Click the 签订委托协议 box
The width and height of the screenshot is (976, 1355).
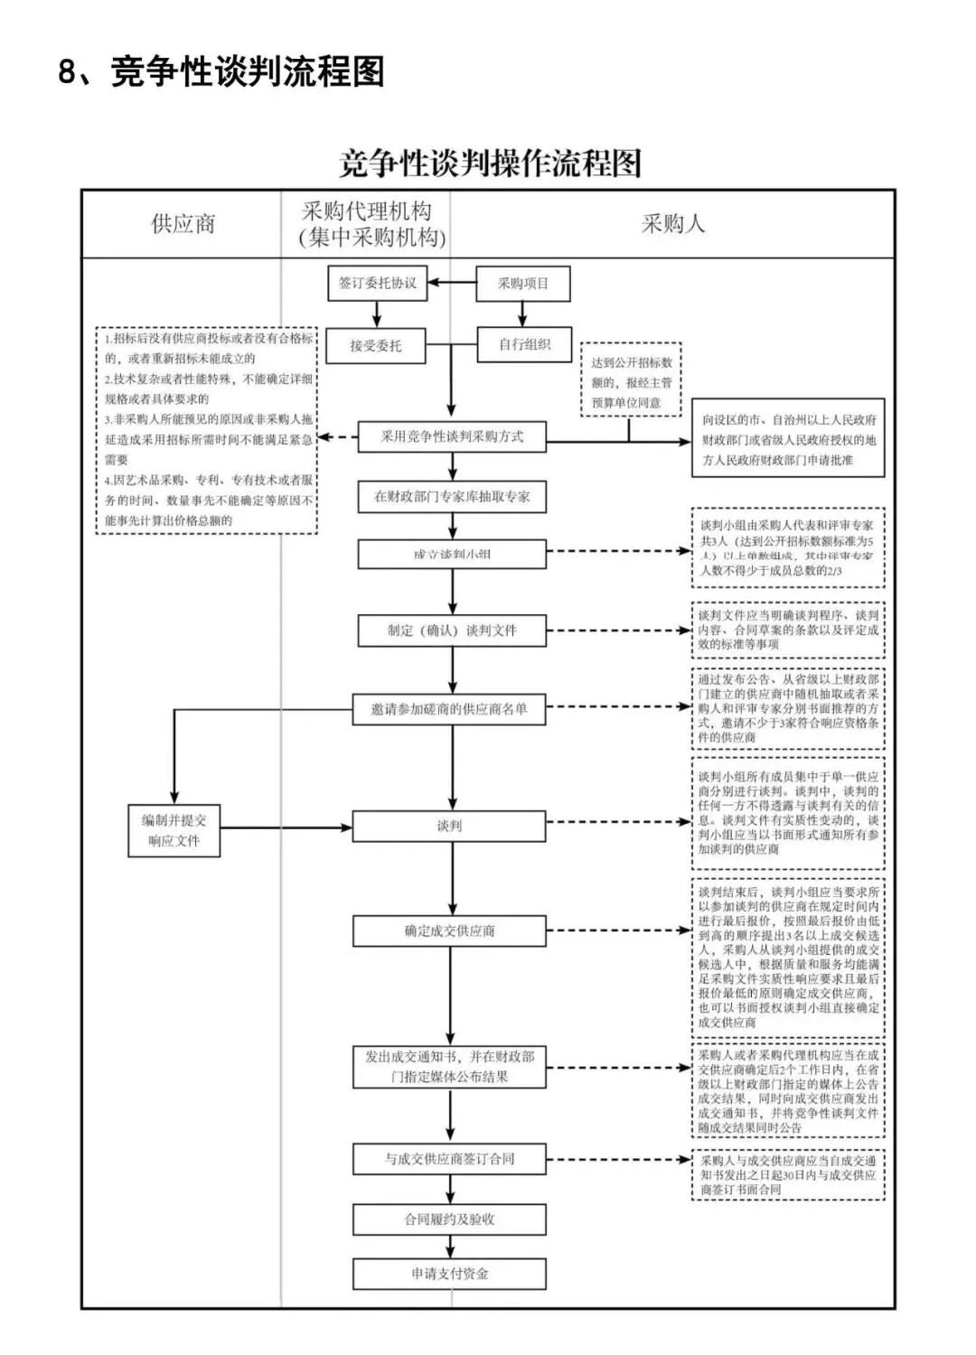coord(377,284)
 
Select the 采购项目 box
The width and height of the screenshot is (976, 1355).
coord(523,284)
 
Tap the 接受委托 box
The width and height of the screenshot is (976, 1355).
coord(375,346)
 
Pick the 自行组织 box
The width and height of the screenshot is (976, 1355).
coord(525,344)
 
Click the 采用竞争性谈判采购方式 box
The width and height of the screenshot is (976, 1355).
coord(452,437)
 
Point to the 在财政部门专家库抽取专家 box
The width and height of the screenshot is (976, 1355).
coord(452,497)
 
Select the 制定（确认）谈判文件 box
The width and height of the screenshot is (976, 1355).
coord(452,631)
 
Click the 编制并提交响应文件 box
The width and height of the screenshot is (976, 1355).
coord(174,830)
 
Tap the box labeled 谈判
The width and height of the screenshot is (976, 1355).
coord(449,826)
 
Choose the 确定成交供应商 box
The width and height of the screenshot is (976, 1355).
coord(449,930)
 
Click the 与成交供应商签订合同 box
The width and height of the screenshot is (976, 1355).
coord(449,1159)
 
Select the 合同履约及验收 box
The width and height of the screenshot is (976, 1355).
coord(449,1219)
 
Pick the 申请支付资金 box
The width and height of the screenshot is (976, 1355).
coord(449,1274)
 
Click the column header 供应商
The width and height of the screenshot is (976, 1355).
coord(183,224)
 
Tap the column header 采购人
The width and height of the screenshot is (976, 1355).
coord(672,224)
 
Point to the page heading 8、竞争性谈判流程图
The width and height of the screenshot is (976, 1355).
coord(221,71)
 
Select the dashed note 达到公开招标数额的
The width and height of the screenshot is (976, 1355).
coord(630,381)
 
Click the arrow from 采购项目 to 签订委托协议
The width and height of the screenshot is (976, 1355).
coord(452,284)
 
